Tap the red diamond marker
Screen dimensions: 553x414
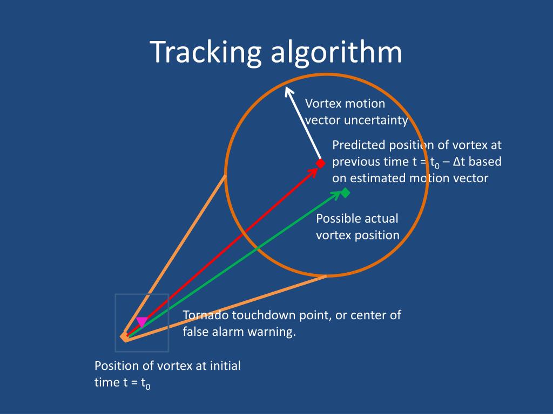coord(320,163)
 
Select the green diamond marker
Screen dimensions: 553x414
coord(346,192)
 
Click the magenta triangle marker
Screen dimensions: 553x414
coord(141,321)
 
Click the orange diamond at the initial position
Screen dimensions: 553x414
coord(125,336)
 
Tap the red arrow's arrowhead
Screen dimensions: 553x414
coord(313,171)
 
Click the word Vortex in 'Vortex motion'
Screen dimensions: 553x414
coord(323,103)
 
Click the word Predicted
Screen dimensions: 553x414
coord(359,145)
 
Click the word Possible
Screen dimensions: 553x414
coord(339,218)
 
